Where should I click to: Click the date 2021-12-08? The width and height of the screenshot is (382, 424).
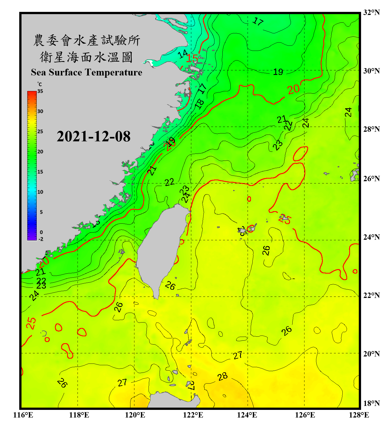[x=93, y=137]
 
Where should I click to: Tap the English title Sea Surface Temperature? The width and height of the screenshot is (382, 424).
[x=86, y=72]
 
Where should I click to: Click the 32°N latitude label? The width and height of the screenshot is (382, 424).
[x=371, y=12]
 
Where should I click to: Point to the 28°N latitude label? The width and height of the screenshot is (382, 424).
[x=371, y=129]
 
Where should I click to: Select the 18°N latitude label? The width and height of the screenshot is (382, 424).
[x=371, y=403]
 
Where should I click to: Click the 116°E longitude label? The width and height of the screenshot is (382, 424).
[x=23, y=415]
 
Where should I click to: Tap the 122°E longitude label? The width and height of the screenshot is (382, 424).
[x=193, y=415]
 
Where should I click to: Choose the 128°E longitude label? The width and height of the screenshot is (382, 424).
[x=359, y=415]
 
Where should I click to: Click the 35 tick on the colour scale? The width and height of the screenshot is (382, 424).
[x=40, y=91]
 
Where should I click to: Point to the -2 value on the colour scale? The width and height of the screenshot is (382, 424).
[x=41, y=239]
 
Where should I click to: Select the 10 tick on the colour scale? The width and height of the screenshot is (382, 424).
[x=40, y=192]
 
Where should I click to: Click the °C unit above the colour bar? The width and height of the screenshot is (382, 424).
[x=39, y=84]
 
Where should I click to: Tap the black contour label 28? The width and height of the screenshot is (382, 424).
[x=222, y=377]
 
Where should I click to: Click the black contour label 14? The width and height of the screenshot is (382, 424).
[x=183, y=54]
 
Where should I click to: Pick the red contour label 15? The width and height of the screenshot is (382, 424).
[x=192, y=59]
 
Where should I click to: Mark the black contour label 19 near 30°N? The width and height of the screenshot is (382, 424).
[x=278, y=72]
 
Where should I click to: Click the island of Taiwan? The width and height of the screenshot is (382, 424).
[x=161, y=249]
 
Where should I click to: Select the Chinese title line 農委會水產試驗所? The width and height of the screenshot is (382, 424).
[x=86, y=40]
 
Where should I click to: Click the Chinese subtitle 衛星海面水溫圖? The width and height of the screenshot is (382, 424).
[x=86, y=57]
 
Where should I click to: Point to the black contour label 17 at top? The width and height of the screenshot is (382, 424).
[x=258, y=21]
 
